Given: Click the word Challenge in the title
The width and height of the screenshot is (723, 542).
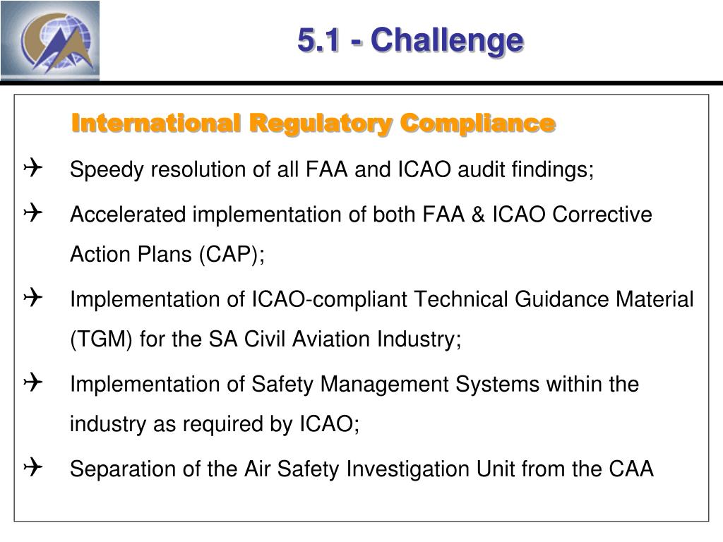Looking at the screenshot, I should (x=447, y=40).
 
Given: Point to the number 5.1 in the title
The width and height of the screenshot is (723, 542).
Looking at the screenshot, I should (x=318, y=40).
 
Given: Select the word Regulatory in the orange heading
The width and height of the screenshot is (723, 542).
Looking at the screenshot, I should (x=321, y=124).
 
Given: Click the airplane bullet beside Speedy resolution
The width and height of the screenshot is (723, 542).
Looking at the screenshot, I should (x=32, y=168).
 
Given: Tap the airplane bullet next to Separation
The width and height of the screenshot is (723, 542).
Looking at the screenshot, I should (x=32, y=466).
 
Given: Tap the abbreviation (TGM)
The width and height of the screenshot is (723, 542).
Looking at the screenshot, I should (x=102, y=339).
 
